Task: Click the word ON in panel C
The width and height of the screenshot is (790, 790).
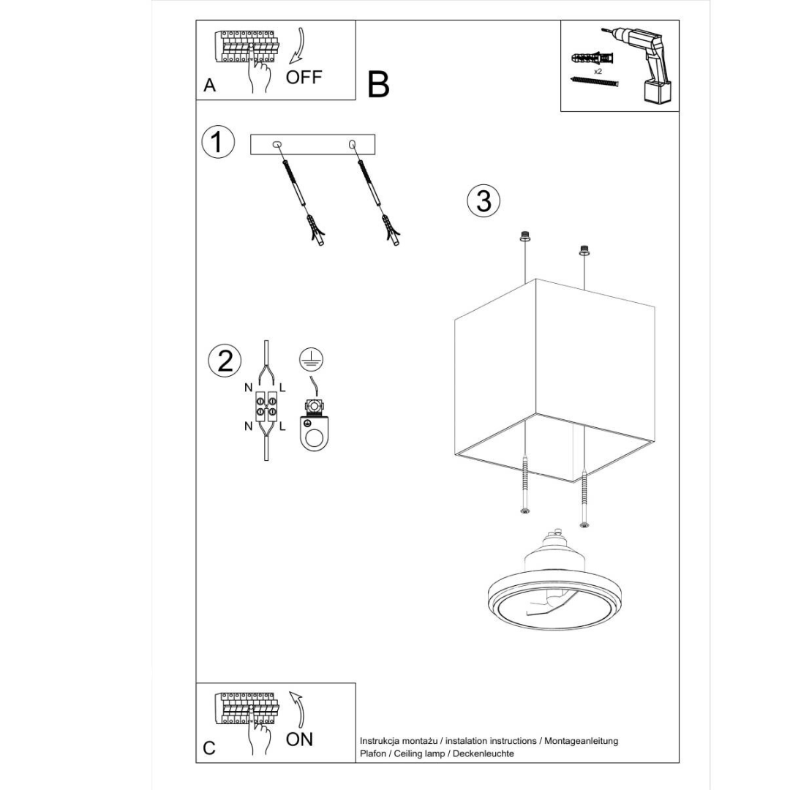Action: point(299,739)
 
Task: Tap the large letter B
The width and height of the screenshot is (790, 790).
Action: point(378,85)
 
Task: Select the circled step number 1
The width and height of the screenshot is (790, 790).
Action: point(217,142)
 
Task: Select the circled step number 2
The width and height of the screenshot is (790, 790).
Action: point(225,361)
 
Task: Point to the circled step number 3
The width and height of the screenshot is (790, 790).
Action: point(484,200)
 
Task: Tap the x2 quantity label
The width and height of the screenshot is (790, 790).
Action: point(598,72)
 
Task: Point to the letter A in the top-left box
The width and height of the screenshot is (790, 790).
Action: point(210,86)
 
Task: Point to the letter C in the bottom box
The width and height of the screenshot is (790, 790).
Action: point(209,748)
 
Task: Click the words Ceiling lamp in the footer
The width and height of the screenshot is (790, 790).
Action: point(415,753)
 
